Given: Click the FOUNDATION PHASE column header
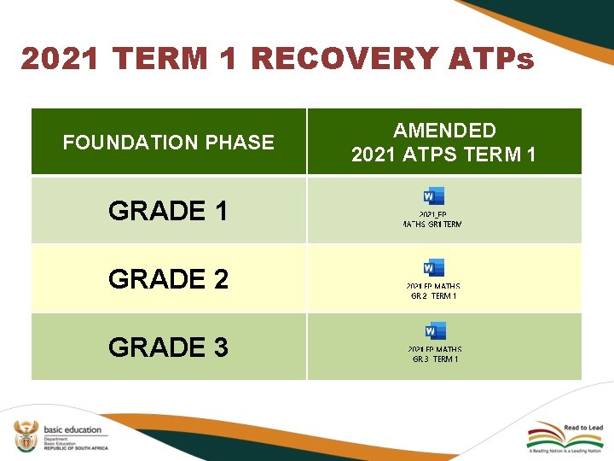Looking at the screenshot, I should (x=169, y=143).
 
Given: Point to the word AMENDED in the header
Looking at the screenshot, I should (x=444, y=131).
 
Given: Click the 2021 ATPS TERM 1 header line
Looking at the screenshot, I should (x=444, y=155).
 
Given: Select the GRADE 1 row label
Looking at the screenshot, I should (x=169, y=211).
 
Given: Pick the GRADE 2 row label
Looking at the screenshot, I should (x=169, y=279).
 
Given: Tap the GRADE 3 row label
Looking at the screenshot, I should (x=169, y=347).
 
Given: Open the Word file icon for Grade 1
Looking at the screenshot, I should (x=434, y=196).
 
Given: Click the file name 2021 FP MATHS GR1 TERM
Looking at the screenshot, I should (x=433, y=219).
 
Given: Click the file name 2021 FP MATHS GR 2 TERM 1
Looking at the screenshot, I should (x=434, y=291).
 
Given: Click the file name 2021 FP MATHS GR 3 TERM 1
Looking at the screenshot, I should (x=435, y=354).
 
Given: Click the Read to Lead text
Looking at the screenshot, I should (x=583, y=428).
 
